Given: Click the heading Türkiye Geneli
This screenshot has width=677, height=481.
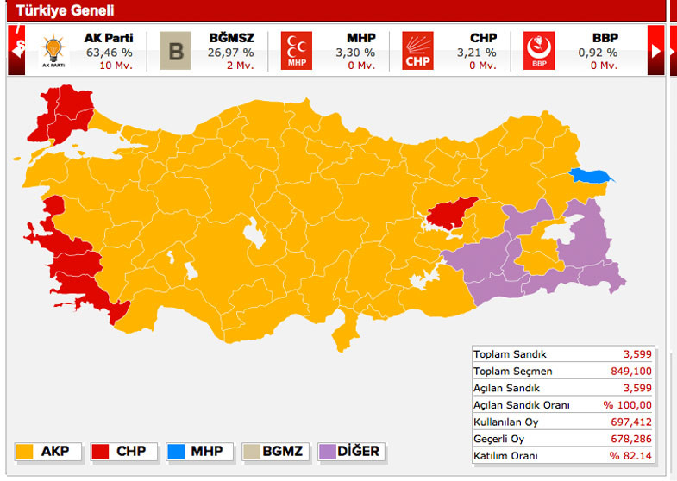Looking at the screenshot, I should click(61, 11).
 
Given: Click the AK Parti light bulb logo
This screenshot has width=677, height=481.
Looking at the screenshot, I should click(53, 50).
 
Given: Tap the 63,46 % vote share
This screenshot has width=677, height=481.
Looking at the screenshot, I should click(108, 52).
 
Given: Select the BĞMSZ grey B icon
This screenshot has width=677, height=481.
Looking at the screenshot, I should click(175, 51).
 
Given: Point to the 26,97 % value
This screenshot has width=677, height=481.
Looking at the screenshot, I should click(231, 52).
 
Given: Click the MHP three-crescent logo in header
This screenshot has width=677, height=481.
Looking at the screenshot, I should click(297, 51).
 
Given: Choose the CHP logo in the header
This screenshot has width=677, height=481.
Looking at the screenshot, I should click(418, 51).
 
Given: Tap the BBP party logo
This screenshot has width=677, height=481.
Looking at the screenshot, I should click(539, 51).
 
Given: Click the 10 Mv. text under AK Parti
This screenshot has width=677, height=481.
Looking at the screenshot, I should click(116, 66).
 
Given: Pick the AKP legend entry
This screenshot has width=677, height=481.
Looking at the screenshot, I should click(50, 451).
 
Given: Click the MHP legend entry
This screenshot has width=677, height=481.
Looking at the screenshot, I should click(194, 451).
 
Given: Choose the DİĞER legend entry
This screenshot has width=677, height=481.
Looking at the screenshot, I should click(350, 451).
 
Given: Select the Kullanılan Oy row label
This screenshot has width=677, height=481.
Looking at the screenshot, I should click(506, 422).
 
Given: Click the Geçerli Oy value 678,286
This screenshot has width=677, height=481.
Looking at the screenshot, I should click(632, 438).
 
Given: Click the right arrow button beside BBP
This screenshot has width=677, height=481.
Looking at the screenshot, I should click(656, 51).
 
